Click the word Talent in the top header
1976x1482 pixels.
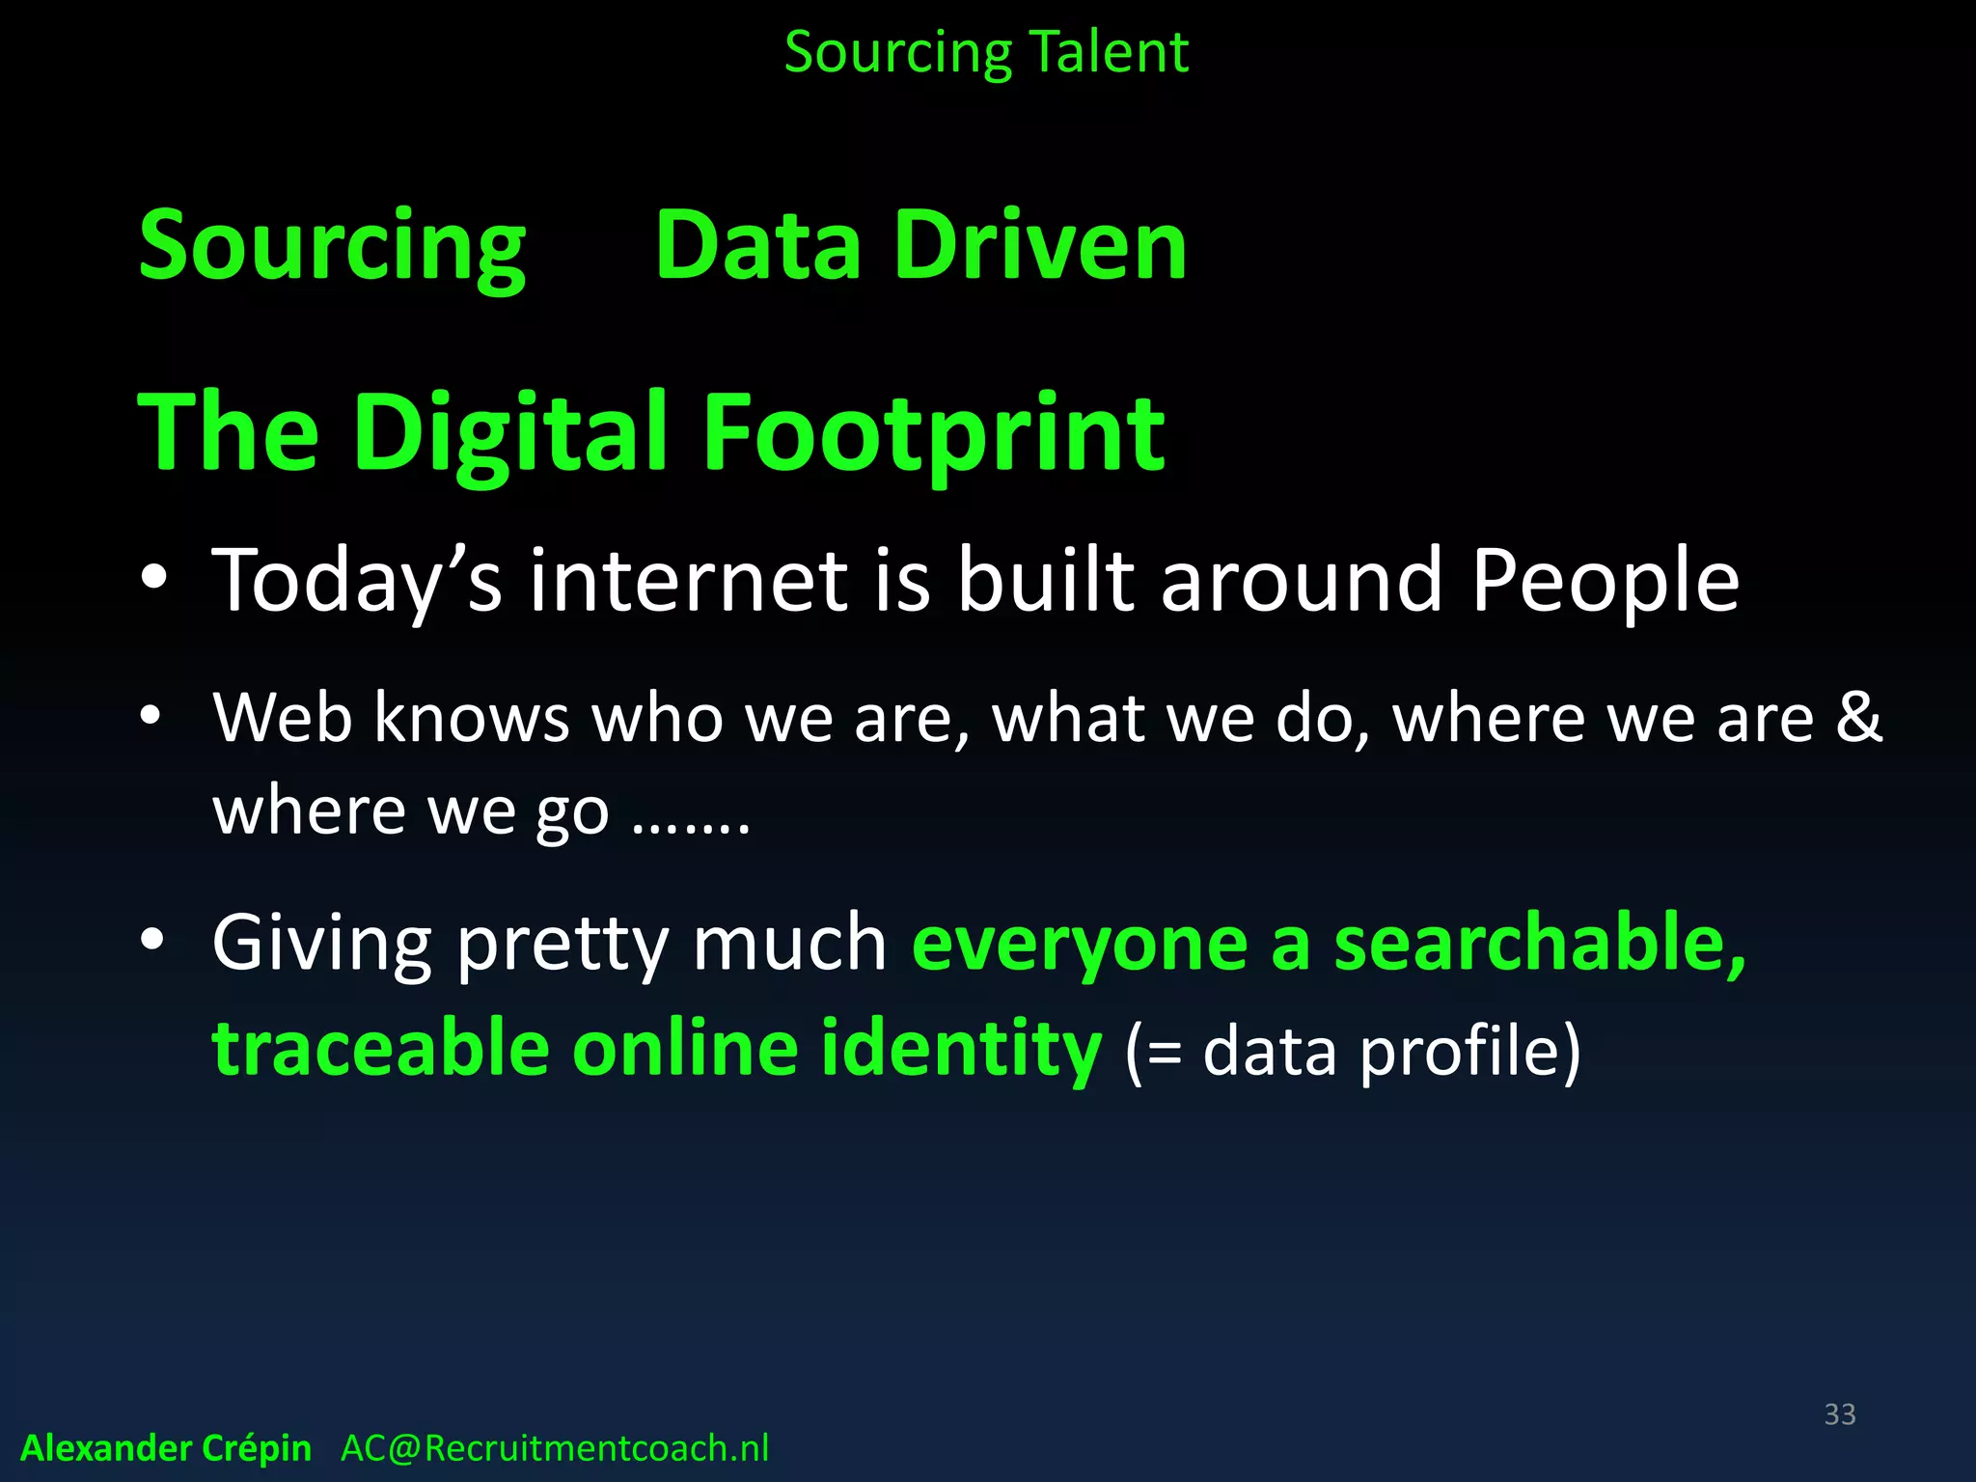tap(1110, 52)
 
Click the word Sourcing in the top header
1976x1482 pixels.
tap(897, 54)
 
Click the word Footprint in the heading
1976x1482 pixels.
tap(934, 434)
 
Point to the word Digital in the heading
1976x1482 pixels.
tap(510, 434)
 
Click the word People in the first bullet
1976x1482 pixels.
tap(1605, 581)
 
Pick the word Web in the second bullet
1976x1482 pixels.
tap(282, 718)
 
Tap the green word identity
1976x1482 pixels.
tap(961, 1049)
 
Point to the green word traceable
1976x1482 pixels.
tap(381, 1049)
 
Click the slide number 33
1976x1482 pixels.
tap(1840, 1414)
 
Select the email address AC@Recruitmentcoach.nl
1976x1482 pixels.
tap(555, 1448)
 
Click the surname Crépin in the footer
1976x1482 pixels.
tap(258, 1449)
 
